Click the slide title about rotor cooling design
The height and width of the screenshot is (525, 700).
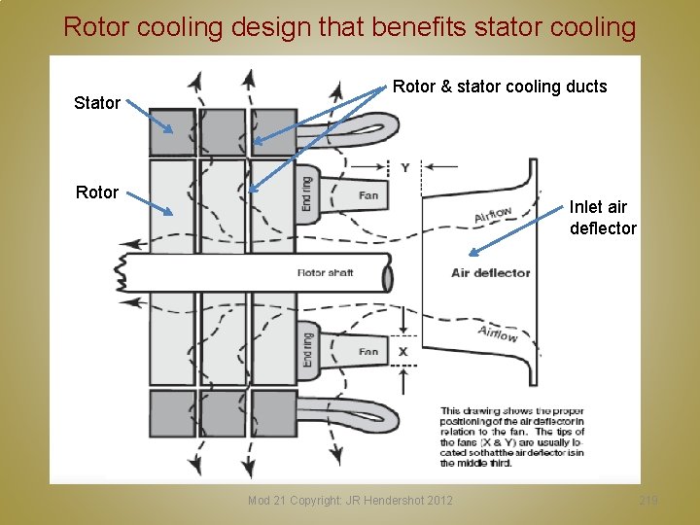tap(349, 27)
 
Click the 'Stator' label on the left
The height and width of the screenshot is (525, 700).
tap(97, 102)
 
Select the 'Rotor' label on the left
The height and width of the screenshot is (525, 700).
tap(97, 192)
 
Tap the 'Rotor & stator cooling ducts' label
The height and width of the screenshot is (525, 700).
tap(500, 87)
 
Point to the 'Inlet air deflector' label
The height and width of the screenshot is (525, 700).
tap(603, 218)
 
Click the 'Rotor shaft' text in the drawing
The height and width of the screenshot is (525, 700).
tap(325, 273)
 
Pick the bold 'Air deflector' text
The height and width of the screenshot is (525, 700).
tap(491, 272)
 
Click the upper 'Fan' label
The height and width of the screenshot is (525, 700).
tap(367, 195)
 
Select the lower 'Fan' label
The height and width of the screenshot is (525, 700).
tap(367, 351)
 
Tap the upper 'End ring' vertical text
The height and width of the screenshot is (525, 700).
tap(307, 192)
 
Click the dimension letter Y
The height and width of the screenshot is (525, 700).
tap(404, 168)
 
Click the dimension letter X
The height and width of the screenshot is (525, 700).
tap(403, 351)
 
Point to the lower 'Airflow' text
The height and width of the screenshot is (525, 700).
tap(498, 333)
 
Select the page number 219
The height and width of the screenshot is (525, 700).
tap(648, 500)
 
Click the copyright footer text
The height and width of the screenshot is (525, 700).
tap(350, 500)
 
